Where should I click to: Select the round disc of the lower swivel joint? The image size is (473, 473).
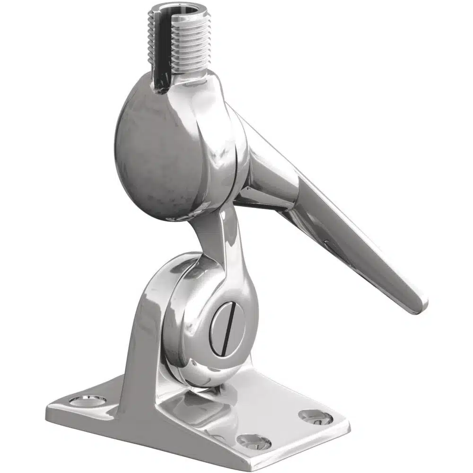(189, 312)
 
